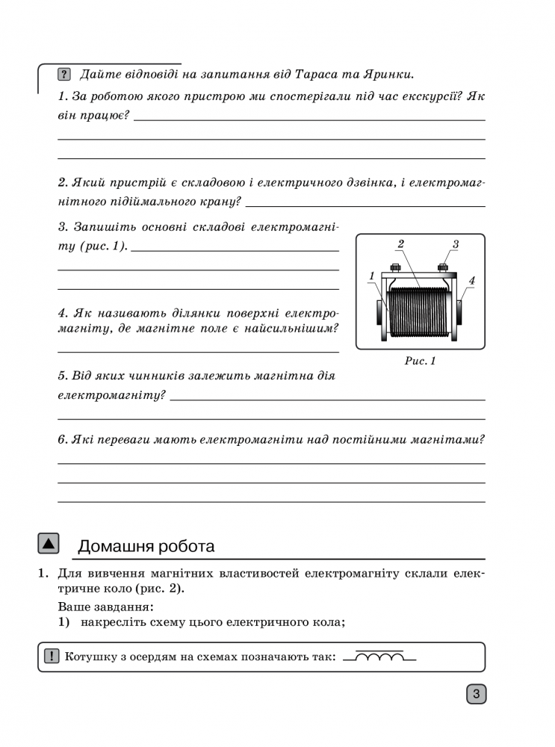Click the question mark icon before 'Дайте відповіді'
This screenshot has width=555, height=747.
point(64,74)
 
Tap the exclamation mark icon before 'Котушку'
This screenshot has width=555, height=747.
point(51,657)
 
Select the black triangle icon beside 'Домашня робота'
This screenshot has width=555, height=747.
point(48,543)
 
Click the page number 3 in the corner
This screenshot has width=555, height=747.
point(477,694)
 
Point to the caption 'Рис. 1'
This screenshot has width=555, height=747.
point(420,361)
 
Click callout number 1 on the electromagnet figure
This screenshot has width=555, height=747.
point(371,276)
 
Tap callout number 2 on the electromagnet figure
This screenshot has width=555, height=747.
point(400,244)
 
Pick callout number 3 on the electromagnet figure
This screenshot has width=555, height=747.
point(455,244)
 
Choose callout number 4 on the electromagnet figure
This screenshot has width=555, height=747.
point(471,280)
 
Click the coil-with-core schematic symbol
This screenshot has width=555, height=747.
point(379,657)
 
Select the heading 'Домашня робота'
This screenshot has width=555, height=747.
point(146,546)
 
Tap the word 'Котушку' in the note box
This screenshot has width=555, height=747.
point(90,657)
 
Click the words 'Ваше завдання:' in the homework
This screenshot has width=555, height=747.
point(105,606)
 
